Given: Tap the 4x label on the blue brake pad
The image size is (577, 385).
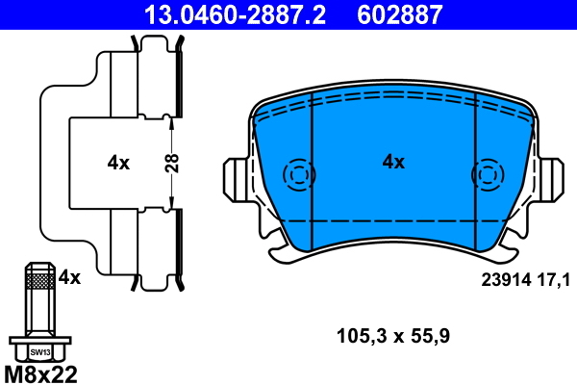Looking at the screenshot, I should click(x=393, y=162).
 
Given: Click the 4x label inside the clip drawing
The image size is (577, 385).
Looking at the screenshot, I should click(x=118, y=163).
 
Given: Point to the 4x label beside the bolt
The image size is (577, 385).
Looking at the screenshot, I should click(x=70, y=277).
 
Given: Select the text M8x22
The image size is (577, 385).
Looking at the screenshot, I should click(x=40, y=372).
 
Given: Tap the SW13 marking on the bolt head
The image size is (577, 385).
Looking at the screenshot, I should click(x=38, y=352).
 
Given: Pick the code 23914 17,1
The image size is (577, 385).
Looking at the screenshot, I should click(x=525, y=279).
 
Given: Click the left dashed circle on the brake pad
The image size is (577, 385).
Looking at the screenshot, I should click(x=298, y=175).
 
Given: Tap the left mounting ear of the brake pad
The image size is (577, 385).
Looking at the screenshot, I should click(x=236, y=178).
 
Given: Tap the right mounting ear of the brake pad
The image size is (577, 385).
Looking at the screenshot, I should click(x=550, y=178).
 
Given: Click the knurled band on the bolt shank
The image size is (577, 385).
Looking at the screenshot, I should click(x=38, y=280).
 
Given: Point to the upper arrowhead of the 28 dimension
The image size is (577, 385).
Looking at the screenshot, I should click(x=171, y=119).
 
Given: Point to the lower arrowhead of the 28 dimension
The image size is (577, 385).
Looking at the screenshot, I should click(x=171, y=204).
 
